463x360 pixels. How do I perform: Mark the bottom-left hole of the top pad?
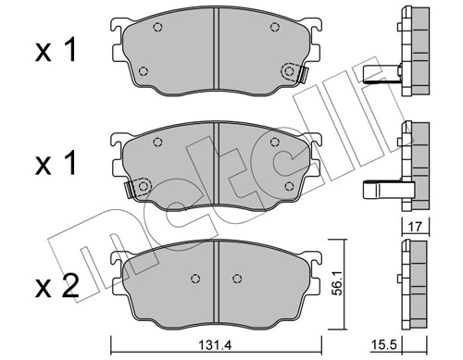pyautogui.click(x=142, y=71)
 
